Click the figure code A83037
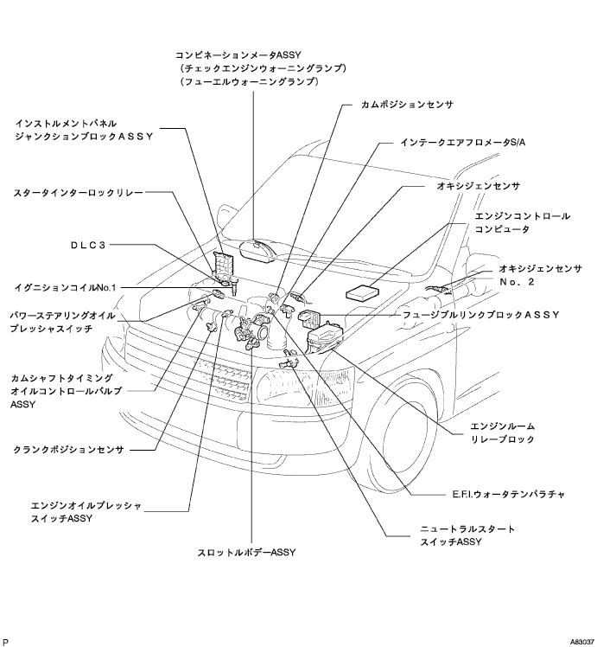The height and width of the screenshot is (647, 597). point(581,643)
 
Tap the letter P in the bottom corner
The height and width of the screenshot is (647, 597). point(7,643)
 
